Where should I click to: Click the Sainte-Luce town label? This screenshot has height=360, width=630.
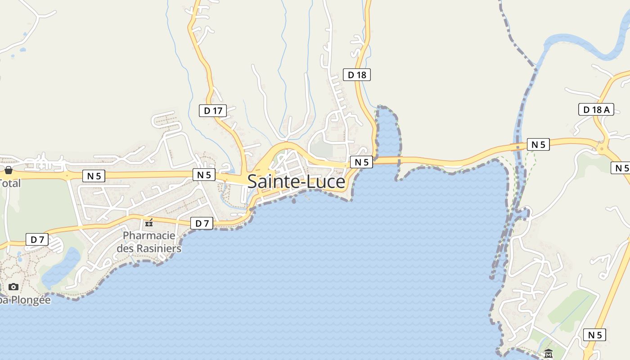pos(296,182)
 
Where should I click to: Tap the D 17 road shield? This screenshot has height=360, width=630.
pos(212,110)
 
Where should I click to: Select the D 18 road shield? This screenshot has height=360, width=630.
pos(357,75)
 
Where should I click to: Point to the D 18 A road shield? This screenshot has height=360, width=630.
pos(596,109)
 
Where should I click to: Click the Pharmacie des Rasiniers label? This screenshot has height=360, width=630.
pos(149,242)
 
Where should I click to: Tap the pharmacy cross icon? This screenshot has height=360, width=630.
pos(149,223)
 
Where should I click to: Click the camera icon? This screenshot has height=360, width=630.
pos(13,287)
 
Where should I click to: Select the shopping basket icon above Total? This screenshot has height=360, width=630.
pos(8,170)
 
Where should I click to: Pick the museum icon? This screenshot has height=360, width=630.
pos(548,354)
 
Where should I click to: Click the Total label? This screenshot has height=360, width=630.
pos(10,183)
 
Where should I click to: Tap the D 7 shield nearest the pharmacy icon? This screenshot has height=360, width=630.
pos(202,223)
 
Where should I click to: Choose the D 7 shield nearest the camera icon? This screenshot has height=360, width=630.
pos(37,239)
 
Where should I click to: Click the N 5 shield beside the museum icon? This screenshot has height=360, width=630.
pos(594,335)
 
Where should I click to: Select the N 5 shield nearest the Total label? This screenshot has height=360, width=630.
pos(94,176)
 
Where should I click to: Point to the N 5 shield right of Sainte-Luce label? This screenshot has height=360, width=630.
pos(361,162)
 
